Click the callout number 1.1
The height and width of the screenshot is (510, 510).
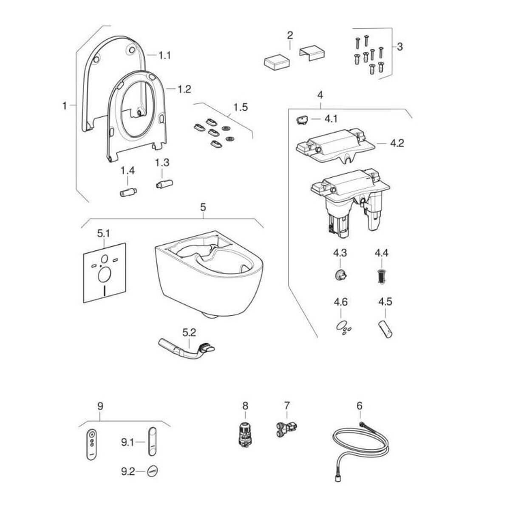coord(164,55)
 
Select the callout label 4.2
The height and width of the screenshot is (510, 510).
coord(397,143)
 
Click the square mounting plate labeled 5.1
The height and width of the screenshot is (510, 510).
coord(105,272)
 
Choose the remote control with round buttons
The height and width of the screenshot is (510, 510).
coord(91,444)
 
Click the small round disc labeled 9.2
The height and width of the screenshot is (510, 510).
coord(153,471)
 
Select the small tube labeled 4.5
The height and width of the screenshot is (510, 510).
coord(385,330)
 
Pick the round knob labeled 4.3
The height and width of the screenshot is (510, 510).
coord(340,275)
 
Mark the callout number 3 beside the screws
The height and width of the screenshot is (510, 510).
coord(399,46)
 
